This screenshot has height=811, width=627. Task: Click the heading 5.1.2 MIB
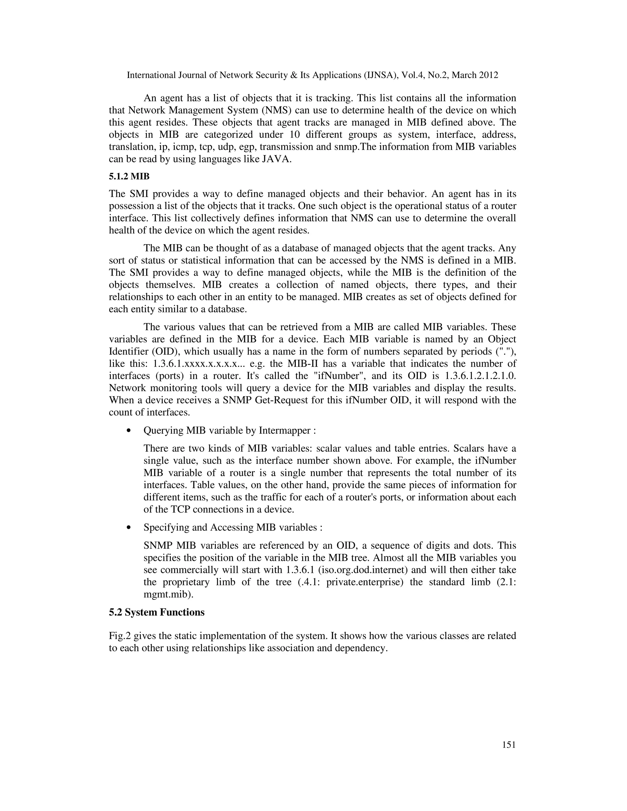coord(129,177)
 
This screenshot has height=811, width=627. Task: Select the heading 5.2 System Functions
coord(156,612)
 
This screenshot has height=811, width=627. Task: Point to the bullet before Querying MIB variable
coord(129,431)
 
